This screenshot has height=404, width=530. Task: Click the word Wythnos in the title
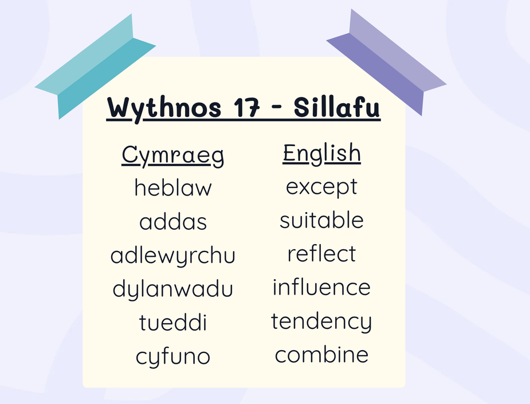[164, 108]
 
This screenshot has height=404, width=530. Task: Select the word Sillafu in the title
[337, 108]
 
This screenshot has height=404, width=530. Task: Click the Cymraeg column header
[172, 155]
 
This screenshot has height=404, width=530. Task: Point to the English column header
[322, 154]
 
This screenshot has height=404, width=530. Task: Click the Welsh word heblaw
[173, 187]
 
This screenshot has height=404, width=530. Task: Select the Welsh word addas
[173, 221]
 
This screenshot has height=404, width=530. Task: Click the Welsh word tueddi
[172, 322]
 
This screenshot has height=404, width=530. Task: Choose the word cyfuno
[173, 357]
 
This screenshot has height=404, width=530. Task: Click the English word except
[322, 187]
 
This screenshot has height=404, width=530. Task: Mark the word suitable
[322, 219]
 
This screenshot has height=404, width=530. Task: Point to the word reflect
[322, 253]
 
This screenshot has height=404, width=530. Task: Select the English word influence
[322, 287]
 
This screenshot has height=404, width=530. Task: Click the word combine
[322, 354]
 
